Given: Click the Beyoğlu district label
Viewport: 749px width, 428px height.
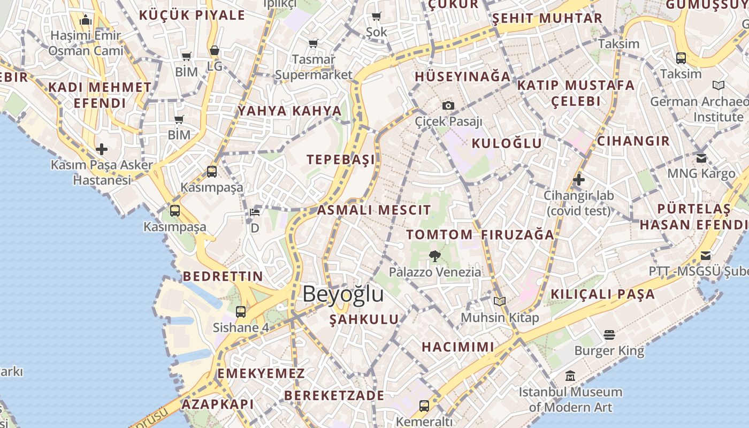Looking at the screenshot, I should pyautogui.click(x=343, y=294).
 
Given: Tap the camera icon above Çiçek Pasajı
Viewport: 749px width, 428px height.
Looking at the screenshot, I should pyautogui.click(x=448, y=105).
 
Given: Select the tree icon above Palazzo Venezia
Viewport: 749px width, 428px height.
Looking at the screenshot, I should pyautogui.click(x=434, y=256).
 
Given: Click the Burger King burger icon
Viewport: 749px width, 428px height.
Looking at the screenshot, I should pyautogui.click(x=609, y=335).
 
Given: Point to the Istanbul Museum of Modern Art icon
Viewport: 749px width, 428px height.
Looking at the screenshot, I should pyautogui.click(x=570, y=376).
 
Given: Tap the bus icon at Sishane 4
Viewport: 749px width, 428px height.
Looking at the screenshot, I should pyautogui.click(x=241, y=311).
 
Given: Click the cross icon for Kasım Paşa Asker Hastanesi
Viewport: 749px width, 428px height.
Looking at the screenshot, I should pyautogui.click(x=102, y=149).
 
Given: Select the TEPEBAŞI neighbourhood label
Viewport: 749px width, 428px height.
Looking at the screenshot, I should pyautogui.click(x=341, y=159).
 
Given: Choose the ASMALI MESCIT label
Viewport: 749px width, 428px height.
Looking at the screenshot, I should pyautogui.click(x=374, y=210).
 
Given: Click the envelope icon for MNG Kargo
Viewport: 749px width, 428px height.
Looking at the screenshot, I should pyautogui.click(x=701, y=158).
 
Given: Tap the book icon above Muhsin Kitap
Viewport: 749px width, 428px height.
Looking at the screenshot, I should pyautogui.click(x=499, y=301).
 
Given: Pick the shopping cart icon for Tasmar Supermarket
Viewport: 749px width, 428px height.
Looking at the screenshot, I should pyautogui.click(x=313, y=43).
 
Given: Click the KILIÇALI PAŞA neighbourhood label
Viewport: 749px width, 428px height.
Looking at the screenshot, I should pyautogui.click(x=602, y=294).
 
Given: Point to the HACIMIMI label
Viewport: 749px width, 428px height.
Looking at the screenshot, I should pyautogui.click(x=457, y=347).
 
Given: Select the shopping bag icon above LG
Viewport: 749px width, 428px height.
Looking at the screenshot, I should pyautogui.click(x=214, y=51).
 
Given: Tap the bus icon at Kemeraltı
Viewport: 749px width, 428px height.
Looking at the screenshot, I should pyautogui.click(x=424, y=406).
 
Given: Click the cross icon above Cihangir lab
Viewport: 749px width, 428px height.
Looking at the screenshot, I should pyautogui.click(x=578, y=180).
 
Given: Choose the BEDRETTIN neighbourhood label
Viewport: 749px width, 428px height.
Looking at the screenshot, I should pyautogui.click(x=223, y=277).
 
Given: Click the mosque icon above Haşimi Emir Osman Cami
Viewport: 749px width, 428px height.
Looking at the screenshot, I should pyautogui.click(x=86, y=20).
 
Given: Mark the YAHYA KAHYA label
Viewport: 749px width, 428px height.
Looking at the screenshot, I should pyautogui.click(x=289, y=111).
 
